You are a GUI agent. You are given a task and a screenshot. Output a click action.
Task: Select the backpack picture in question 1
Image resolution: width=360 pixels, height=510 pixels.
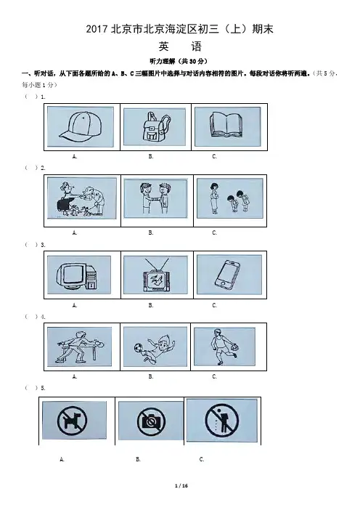[155, 126]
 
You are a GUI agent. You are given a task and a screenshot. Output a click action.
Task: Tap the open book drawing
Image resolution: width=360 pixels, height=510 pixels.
[226, 124]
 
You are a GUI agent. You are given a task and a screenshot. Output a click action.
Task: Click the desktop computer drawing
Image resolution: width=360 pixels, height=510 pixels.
[78, 276]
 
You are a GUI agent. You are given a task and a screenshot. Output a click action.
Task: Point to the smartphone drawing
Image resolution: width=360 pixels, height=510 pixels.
[227, 275]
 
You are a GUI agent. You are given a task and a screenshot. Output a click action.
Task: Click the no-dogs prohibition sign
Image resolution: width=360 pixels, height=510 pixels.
[72, 421]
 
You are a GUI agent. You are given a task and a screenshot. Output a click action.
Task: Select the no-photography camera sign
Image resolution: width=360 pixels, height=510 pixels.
[152, 422]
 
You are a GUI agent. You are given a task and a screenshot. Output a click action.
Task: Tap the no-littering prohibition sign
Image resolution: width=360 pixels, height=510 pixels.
[222, 420]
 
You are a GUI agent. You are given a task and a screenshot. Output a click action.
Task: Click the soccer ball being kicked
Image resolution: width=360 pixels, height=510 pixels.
[138, 349]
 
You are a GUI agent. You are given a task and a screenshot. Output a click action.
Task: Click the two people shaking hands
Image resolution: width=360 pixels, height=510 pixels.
[155, 198]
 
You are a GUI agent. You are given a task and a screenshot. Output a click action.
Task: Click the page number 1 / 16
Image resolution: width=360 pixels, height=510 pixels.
[181, 485]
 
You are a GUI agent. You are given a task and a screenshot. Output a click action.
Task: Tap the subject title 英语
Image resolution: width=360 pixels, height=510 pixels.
[180, 46]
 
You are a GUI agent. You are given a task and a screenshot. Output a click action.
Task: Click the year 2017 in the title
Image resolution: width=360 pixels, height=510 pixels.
[97, 29]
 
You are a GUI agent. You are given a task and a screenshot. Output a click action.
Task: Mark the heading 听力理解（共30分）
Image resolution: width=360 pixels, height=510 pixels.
[179, 61]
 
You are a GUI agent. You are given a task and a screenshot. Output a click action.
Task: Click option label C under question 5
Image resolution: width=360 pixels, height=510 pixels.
[202, 459]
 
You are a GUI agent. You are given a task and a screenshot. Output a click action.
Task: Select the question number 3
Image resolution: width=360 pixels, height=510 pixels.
[43, 245]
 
